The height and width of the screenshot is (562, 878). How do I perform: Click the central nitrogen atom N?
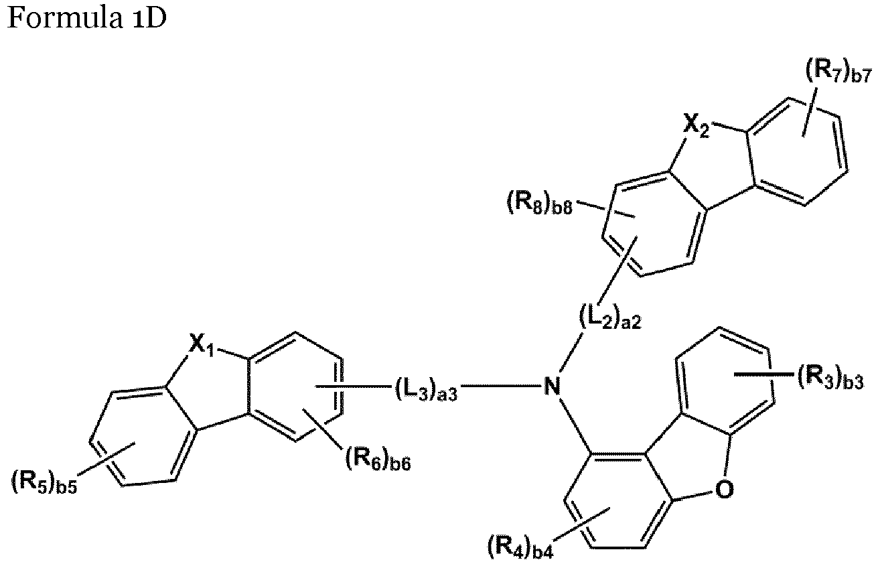(553, 385)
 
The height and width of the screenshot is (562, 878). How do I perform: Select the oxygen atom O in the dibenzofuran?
(724, 490)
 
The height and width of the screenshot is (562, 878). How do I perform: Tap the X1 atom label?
(202, 346)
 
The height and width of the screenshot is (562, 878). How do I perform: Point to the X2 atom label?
(697, 126)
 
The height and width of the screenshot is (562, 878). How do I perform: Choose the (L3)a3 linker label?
(426, 389)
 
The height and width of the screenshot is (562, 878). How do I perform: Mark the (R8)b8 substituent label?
(540, 203)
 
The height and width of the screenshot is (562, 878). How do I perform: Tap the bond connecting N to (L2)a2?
(571, 351)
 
